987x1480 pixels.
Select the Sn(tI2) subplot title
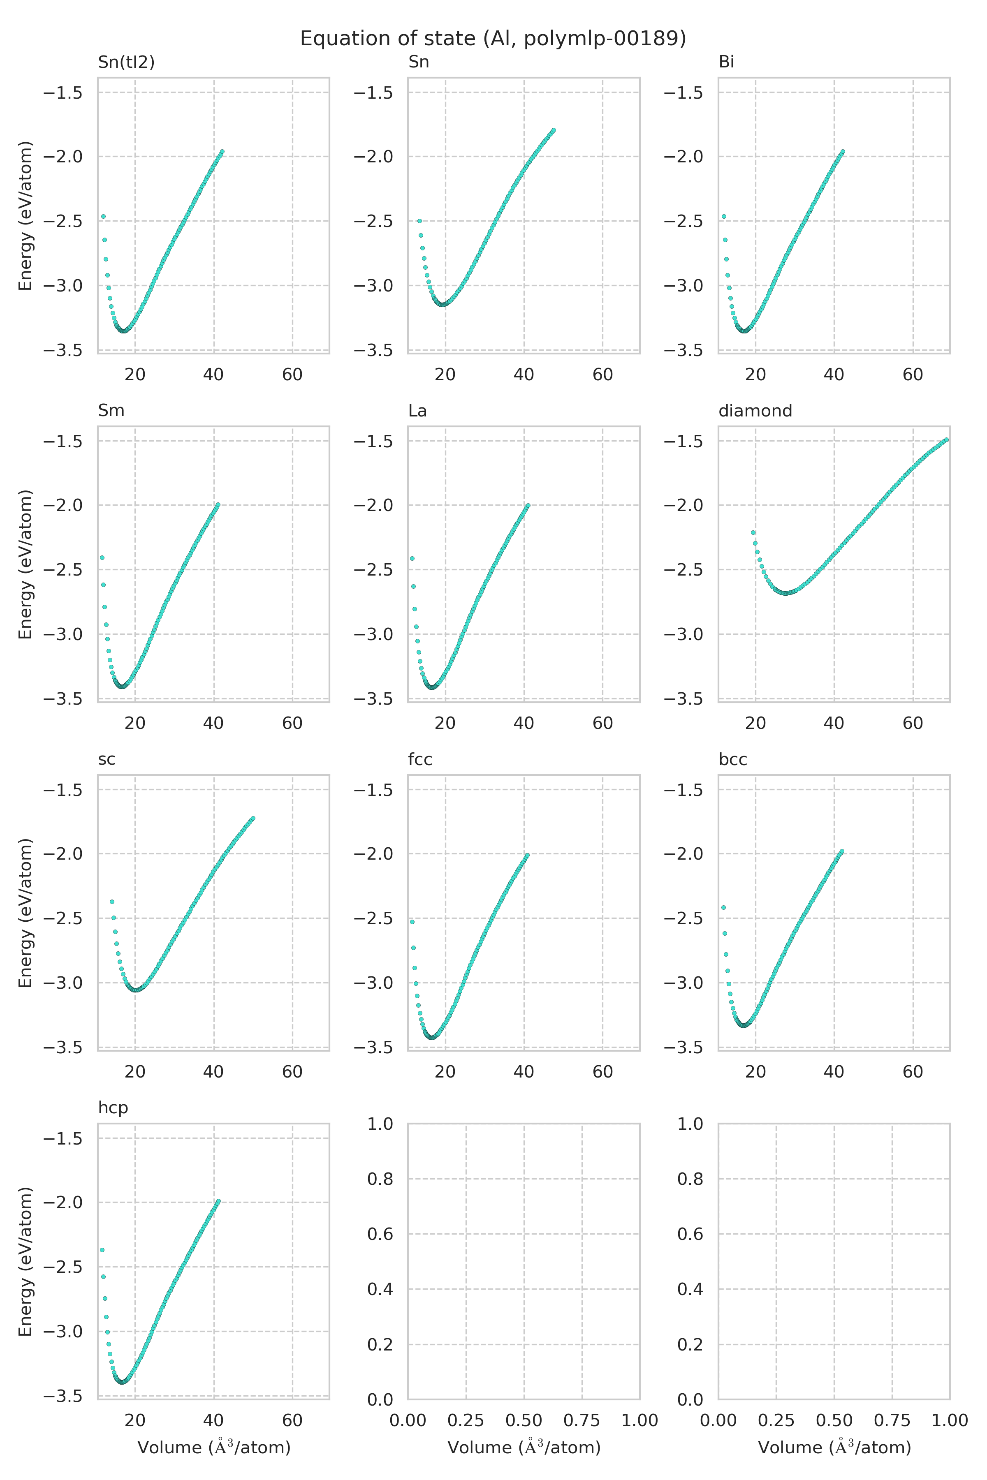point(126,62)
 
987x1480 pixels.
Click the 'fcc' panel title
point(420,759)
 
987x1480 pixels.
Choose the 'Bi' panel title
point(726,62)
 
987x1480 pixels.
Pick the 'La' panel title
point(417,410)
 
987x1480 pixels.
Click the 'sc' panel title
point(107,759)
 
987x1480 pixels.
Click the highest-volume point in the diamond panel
point(946,440)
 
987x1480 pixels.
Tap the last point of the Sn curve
point(553,130)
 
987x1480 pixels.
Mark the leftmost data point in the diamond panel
point(753,532)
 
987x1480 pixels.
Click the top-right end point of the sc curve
point(253,818)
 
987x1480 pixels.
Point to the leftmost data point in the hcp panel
point(102,1250)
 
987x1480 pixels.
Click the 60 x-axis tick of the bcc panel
point(913,1072)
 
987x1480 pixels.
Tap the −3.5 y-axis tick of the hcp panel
point(63,1396)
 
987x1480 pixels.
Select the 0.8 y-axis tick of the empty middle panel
point(380,1179)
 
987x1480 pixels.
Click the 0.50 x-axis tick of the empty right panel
point(834,1420)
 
